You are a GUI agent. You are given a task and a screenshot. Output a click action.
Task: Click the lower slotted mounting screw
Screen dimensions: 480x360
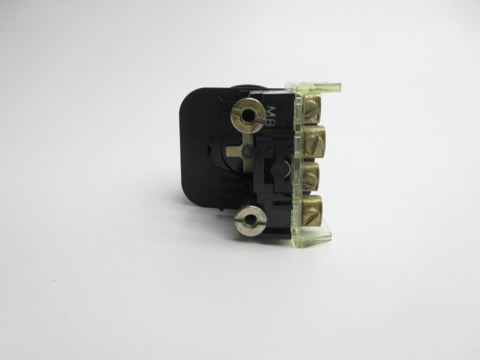[x=250, y=220]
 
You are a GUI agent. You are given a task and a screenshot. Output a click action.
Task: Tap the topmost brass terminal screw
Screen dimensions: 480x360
[x=311, y=108]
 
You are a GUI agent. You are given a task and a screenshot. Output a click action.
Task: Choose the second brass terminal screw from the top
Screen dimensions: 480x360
[x=314, y=141]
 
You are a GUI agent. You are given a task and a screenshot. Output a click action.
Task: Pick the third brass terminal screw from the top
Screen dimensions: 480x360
[x=311, y=176]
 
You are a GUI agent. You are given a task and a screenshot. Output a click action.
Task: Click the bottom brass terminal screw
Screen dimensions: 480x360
[x=312, y=211]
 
